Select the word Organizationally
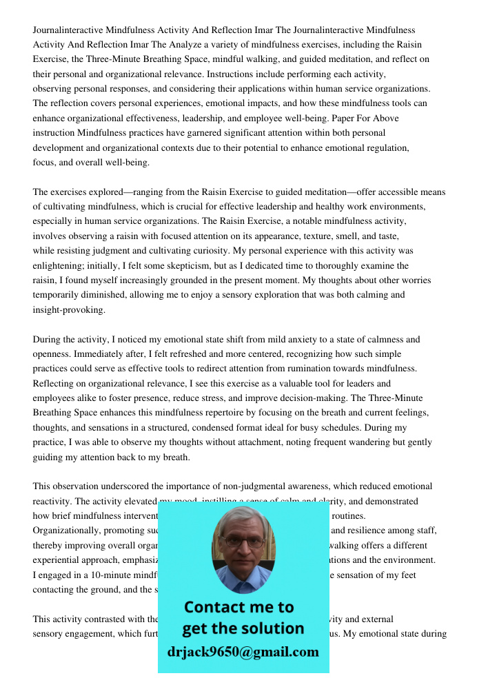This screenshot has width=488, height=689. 68,531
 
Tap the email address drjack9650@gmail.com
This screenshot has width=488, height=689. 243,652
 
